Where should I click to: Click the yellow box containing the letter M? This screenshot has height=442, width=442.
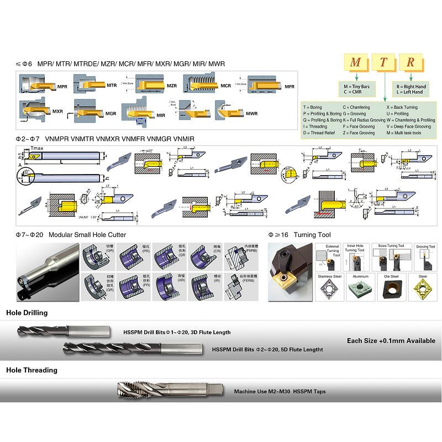(x=355, y=62)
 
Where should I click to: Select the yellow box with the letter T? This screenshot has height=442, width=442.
(x=383, y=62)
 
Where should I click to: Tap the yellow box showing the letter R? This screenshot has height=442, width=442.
(x=410, y=62)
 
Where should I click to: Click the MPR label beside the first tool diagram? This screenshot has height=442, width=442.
(x=62, y=87)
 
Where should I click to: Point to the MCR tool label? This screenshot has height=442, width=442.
(x=225, y=86)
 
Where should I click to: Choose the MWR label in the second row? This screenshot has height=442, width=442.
(x=251, y=113)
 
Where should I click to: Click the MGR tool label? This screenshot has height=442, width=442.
(x=111, y=113)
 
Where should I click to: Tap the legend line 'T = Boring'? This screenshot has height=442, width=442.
(x=312, y=107)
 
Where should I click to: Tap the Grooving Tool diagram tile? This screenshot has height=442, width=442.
(x=425, y=257)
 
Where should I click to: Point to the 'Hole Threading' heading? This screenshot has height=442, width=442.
(x=31, y=370)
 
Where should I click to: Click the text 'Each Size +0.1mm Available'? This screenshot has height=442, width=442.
(x=391, y=341)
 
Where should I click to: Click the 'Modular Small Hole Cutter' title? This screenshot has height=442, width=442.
(x=87, y=235)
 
